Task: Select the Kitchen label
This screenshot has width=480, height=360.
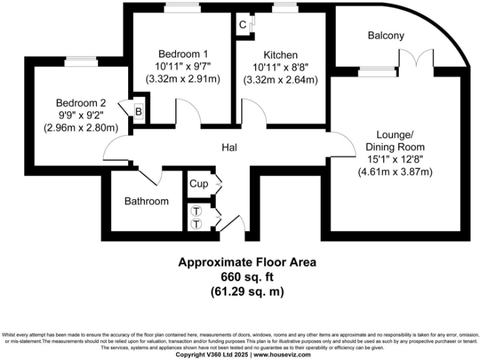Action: pos(281,54)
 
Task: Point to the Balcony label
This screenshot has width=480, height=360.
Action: pos(385,36)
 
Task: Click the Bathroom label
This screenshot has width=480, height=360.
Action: pos(146,201)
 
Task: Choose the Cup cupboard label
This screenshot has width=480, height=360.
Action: pos(199,184)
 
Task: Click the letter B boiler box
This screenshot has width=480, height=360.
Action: pos(139,111)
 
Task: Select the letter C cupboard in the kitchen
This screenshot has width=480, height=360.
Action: pos(242,25)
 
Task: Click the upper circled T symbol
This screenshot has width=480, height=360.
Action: pos(196,211)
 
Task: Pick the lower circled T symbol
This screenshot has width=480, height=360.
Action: pos(196,223)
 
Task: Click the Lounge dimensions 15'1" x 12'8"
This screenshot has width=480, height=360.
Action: pos(395,159)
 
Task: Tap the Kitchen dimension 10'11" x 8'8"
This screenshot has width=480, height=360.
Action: pos(281,67)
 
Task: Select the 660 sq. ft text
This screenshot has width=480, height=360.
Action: pos(247,276)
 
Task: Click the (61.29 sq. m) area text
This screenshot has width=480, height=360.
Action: pos(247,291)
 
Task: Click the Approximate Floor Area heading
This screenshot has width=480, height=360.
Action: pos(247,262)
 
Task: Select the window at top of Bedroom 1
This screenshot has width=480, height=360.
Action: pos(182,8)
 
